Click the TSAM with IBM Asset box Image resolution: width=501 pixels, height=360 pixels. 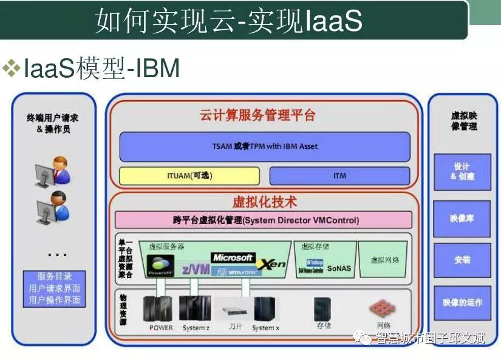(265, 146)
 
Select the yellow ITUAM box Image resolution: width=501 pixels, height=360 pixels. (189, 176)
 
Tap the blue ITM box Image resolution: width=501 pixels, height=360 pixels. (339, 176)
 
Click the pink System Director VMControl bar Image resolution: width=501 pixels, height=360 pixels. (264, 220)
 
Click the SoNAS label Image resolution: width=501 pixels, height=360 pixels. (339, 269)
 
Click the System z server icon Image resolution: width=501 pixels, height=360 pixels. (196, 309)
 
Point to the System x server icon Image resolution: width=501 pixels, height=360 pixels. (265, 309)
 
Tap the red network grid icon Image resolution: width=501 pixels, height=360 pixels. (383, 309)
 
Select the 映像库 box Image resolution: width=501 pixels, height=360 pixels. (462, 218)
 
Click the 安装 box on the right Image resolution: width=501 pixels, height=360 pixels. (462, 260)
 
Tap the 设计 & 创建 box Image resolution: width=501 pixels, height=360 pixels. (462, 172)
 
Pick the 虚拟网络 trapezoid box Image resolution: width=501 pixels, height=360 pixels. (384, 260)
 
